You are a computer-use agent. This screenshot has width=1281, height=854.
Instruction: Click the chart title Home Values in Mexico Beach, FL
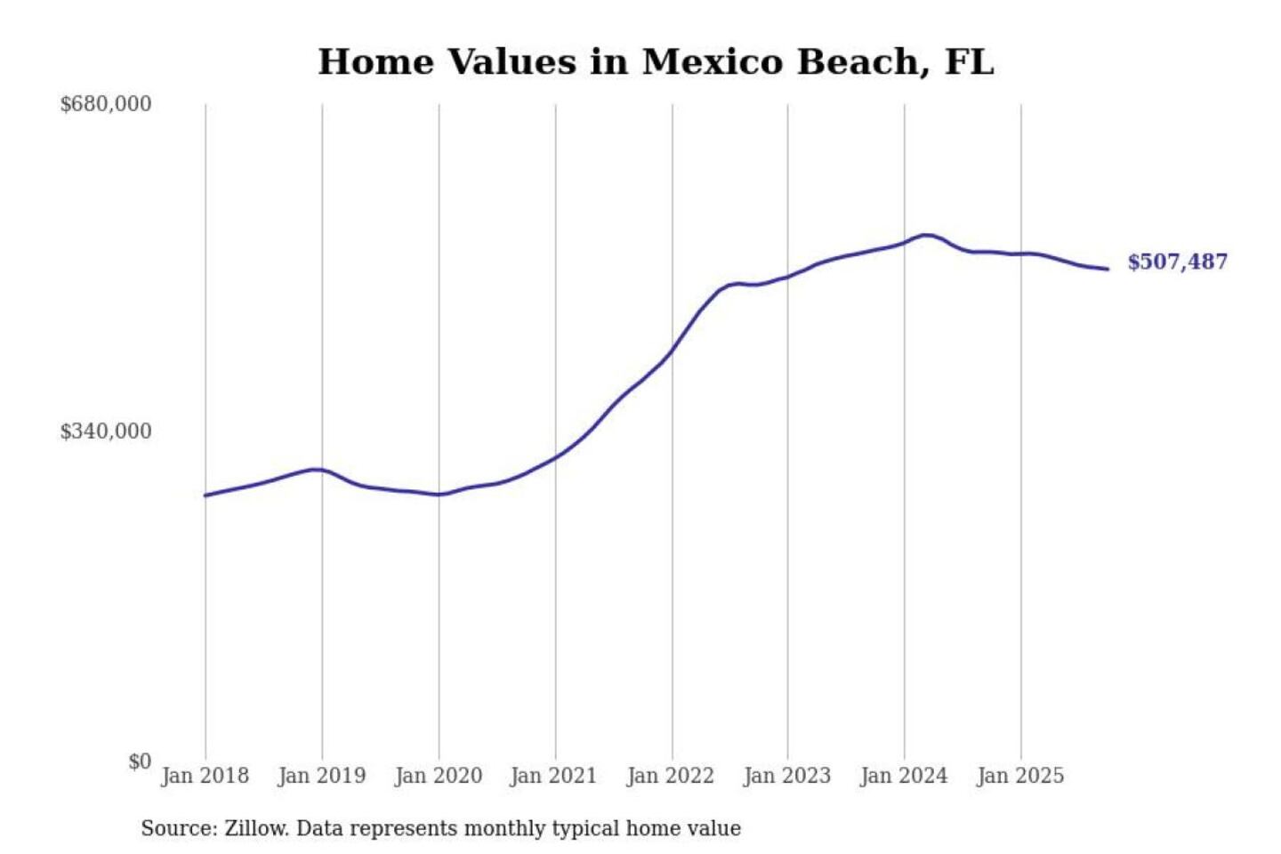point(656,62)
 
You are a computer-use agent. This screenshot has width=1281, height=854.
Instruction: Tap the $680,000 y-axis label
point(106,104)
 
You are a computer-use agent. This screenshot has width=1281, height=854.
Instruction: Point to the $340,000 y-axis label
point(106,431)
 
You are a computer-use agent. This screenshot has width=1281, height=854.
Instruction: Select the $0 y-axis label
point(140,761)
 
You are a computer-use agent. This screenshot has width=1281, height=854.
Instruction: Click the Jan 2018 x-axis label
point(205,776)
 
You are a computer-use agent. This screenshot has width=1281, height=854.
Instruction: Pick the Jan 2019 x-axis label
point(321,776)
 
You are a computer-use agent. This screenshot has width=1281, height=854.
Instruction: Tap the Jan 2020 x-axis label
point(438,776)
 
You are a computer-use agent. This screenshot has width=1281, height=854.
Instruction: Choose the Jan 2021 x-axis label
point(553,776)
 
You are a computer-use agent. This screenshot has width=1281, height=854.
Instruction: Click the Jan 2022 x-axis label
point(670,776)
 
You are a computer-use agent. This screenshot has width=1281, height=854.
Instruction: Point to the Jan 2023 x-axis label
point(786,776)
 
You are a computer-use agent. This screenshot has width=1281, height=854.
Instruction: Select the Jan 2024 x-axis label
point(903,776)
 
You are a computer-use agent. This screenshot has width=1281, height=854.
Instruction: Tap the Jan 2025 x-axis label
point(1019,776)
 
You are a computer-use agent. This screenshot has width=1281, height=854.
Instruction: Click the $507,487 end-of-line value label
point(1177,262)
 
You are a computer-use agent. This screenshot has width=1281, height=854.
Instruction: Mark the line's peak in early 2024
point(926,235)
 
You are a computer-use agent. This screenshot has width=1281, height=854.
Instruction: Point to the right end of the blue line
point(1108,269)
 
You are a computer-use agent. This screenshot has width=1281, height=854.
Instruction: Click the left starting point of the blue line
point(205,495)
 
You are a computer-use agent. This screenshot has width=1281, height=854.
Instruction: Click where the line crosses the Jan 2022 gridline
point(673,350)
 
